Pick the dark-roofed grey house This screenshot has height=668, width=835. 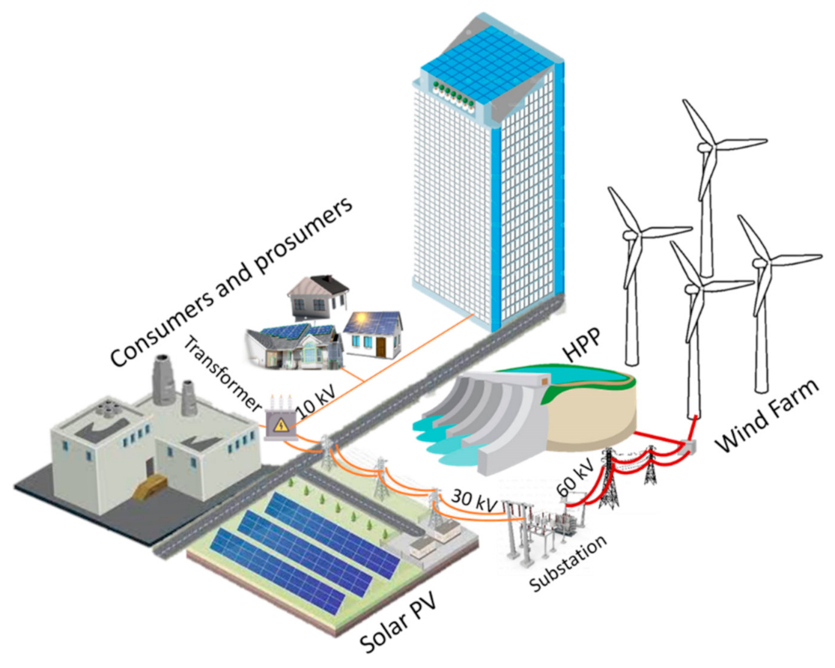pyautogui.click(x=318, y=297)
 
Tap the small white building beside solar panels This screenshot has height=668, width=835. pyautogui.click(x=434, y=535)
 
